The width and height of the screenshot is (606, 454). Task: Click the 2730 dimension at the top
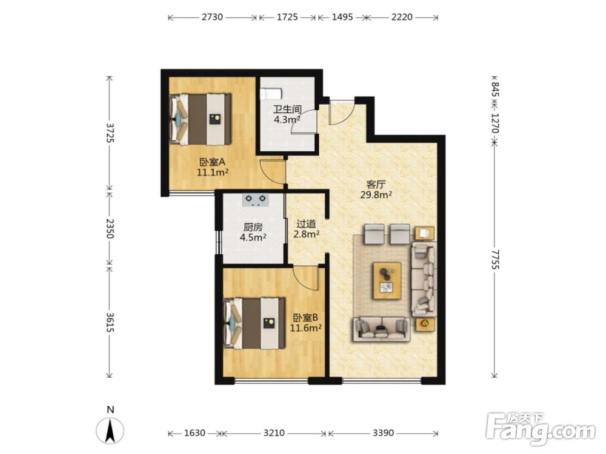tap(212, 17)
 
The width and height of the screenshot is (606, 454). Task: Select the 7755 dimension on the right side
tap(494, 260)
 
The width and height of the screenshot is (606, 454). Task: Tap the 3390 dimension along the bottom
tap(383, 433)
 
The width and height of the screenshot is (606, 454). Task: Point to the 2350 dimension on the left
tap(110, 229)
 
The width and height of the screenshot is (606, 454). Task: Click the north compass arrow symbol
tap(110, 430)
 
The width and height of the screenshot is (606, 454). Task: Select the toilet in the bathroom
tap(271, 94)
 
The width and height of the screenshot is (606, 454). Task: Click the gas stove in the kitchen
tap(256, 200)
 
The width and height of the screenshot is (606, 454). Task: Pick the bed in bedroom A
tap(200, 119)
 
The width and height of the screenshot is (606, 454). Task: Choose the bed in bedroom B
tap(255, 323)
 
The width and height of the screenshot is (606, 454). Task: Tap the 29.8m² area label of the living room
tap(376, 195)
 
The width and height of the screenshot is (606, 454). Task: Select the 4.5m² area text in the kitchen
tap(253, 237)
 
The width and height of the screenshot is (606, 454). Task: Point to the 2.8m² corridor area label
tap(306, 234)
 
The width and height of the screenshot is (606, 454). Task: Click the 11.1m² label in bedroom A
tap(212, 172)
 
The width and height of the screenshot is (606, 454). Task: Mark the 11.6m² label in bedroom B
tap(306, 328)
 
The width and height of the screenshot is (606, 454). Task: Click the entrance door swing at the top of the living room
tap(342, 113)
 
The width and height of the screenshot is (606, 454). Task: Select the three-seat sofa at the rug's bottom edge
tap(381, 329)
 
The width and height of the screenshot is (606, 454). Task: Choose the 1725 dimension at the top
tap(287, 17)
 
